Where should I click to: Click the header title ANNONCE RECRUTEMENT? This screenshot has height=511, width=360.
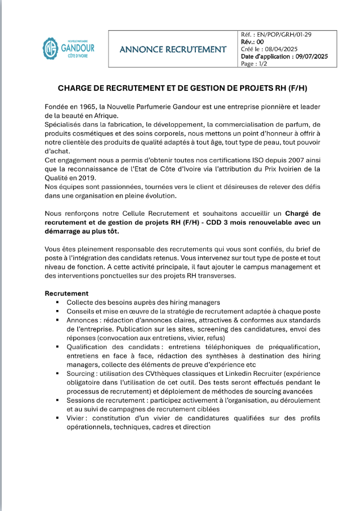[173, 49]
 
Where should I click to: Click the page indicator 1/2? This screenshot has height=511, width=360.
[262, 64]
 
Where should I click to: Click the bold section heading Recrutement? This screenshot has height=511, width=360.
[66, 293]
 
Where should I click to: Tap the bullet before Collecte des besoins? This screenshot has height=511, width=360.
[57, 303]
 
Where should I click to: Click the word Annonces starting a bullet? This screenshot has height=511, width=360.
[83, 320]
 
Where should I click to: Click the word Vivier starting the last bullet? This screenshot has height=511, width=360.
[77, 418]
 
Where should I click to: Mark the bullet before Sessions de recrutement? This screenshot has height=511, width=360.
[57, 400]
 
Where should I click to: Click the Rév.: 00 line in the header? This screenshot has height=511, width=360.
[253, 42]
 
